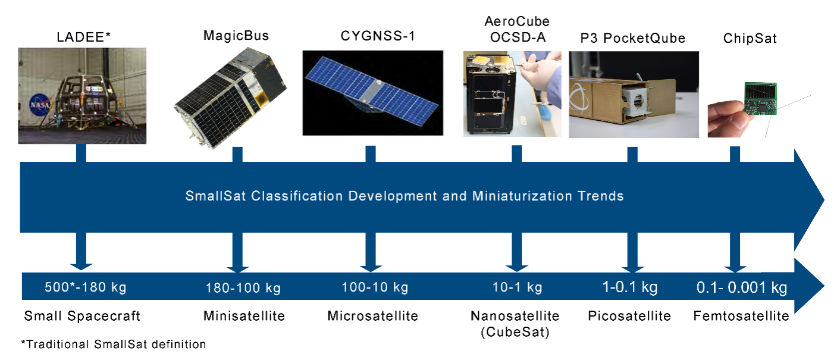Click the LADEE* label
pos(83,37)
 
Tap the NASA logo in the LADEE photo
pos(39,105)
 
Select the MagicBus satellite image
pos(231,98)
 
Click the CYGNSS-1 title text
pos(378,36)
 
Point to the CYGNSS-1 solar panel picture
pos(373,93)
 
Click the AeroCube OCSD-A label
pos(517,29)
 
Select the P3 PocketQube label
pos(632,38)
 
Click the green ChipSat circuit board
pos(760,98)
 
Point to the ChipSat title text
pos(750,38)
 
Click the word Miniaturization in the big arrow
pos(522,196)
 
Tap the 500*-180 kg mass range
pos(85,287)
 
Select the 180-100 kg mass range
pos(243,288)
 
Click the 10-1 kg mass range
pos(517,287)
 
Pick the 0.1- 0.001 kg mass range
pos(742,287)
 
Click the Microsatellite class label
pos(373,316)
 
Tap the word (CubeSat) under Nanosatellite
pos(515,331)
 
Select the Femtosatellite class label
pos(741,316)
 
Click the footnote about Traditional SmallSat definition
pos(113,345)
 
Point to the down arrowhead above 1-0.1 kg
pos(632,269)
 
